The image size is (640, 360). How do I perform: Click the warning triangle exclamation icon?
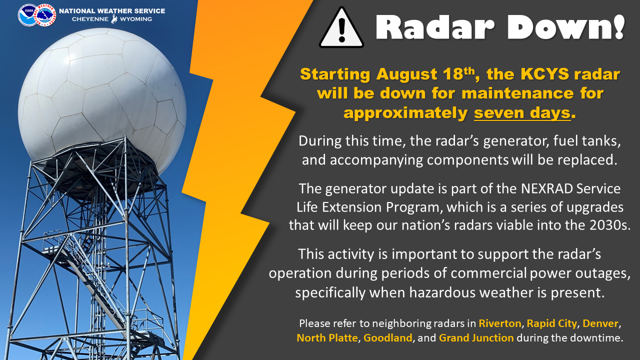coord(341,28)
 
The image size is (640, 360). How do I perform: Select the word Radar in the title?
coord(435,27)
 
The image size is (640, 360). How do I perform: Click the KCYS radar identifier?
coord(544,74)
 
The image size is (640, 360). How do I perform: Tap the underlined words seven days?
coord(522,113)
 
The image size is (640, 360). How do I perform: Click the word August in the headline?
coord(406,74)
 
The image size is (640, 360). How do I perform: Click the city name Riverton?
coord(500,323)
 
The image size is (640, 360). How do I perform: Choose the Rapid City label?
coord(551,323)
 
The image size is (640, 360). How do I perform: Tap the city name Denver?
coord(600,323)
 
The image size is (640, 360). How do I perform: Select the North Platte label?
coord(327,338)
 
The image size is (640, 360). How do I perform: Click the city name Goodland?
coord(387,338)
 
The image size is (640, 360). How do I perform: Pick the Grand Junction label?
coord(476,338)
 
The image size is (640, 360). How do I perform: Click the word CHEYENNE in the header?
coord(90,19)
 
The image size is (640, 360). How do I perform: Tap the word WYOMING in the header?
coord(135,19)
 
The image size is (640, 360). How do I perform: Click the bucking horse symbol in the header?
coord(114,19)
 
